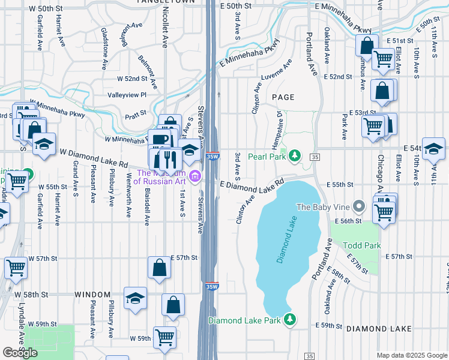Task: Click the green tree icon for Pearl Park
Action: (294, 156)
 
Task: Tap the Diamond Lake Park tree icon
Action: (290, 318)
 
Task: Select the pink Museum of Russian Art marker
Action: (194, 176)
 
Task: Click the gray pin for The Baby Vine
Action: (359, 206)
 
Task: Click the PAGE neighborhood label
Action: (283, 97)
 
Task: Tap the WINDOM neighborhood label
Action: (92, 295)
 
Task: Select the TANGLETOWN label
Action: (159, 2)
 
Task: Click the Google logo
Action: (20, 352)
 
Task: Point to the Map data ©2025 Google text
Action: (411, 355)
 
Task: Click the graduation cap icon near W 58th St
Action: (136, 298)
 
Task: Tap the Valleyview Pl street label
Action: (127, 95)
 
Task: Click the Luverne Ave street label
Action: (276, 71)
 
